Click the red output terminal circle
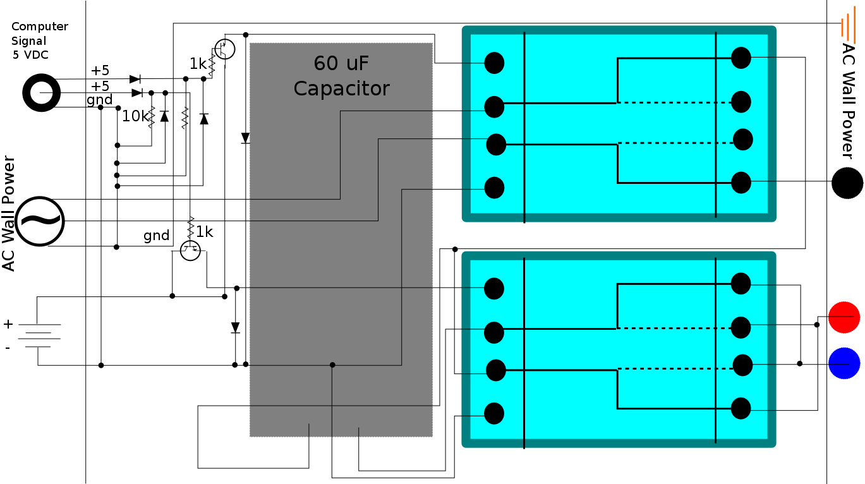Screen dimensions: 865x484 [x=844, y=317]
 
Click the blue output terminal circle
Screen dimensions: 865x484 [x=844, y=363]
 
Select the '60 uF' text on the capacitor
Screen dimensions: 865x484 [x=341, y=63]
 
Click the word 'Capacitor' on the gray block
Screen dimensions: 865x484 [x=341, y=89]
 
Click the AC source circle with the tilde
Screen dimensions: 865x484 [x=39, y=221]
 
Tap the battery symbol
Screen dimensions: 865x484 [x=39, y=336]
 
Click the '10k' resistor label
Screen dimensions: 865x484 [x=135, y=116]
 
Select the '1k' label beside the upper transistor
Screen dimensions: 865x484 [x=198, y=64]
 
